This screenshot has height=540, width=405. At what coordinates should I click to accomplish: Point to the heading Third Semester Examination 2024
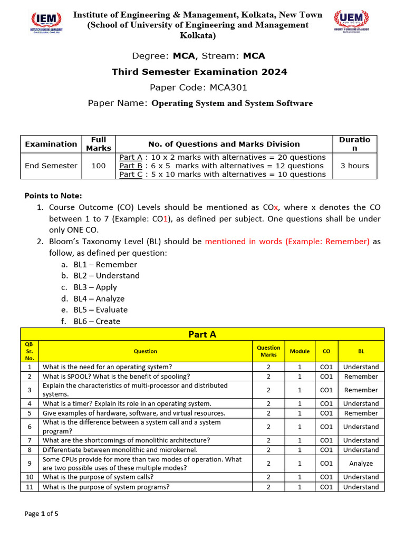click(x=199, y=72)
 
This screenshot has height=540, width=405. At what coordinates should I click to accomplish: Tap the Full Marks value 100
click(x=99, y=166)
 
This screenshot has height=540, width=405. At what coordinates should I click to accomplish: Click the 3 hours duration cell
click(x=354, y=166)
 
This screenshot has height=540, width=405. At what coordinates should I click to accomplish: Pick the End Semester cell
click(x=51, y=166)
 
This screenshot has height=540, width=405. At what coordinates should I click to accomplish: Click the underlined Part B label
click(x=131, y=166)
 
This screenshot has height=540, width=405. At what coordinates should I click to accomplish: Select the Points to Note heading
click(x=53, y=196)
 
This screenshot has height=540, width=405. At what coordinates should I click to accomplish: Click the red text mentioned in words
click(x=287, y=242)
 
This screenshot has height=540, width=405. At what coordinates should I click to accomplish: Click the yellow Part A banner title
click(x=202, y=334)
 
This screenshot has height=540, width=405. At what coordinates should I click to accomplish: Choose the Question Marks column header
click(x=268, y=351)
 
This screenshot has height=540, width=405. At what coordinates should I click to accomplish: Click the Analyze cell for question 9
click(x=361, y=464)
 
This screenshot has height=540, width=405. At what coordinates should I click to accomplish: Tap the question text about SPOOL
click(x=116, y=377)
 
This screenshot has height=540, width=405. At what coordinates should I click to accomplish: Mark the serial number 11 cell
click(x=30, y=487)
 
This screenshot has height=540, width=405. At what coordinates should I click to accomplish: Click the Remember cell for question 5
click(x=361, y=413)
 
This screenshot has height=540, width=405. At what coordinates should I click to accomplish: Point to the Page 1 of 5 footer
click(x=42, y=514)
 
